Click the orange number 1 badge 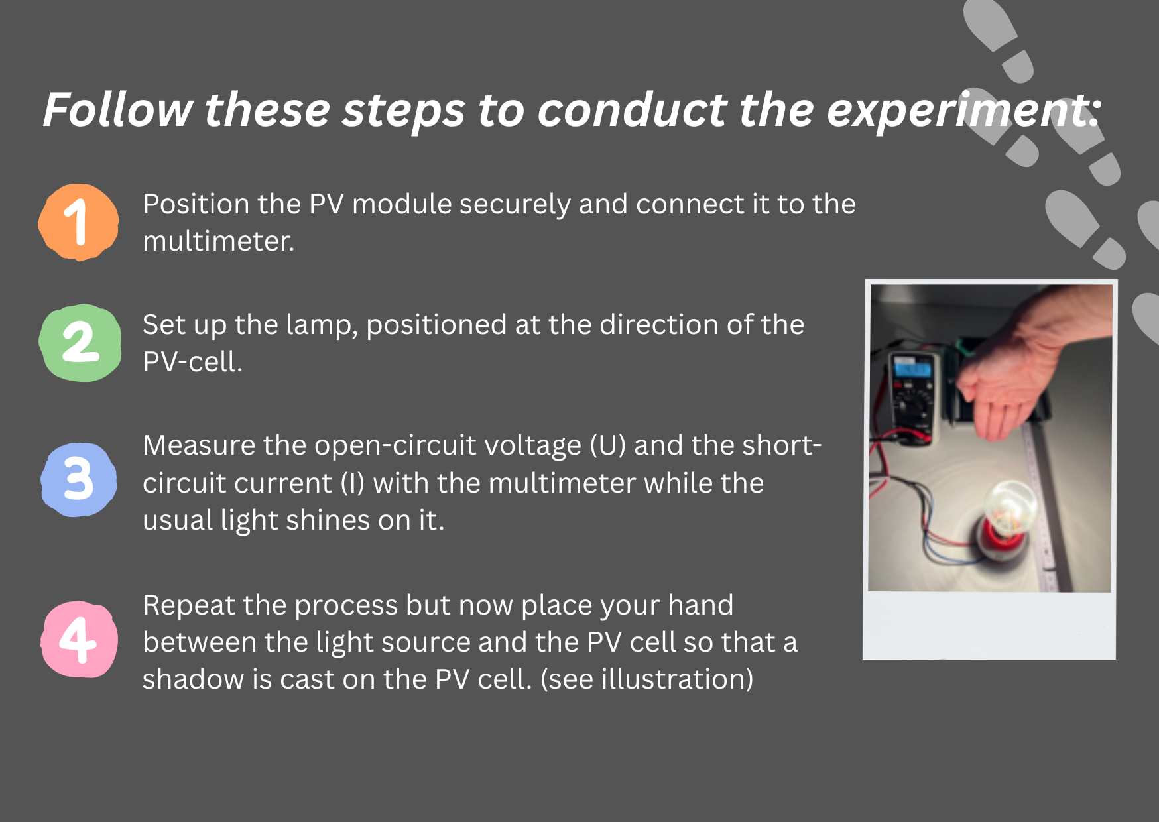79,221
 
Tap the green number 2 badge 80,343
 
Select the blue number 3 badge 79,480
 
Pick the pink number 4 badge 80,639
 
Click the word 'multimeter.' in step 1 219,241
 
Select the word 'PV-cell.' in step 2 193,362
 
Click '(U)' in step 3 608,445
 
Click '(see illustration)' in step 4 646,680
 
